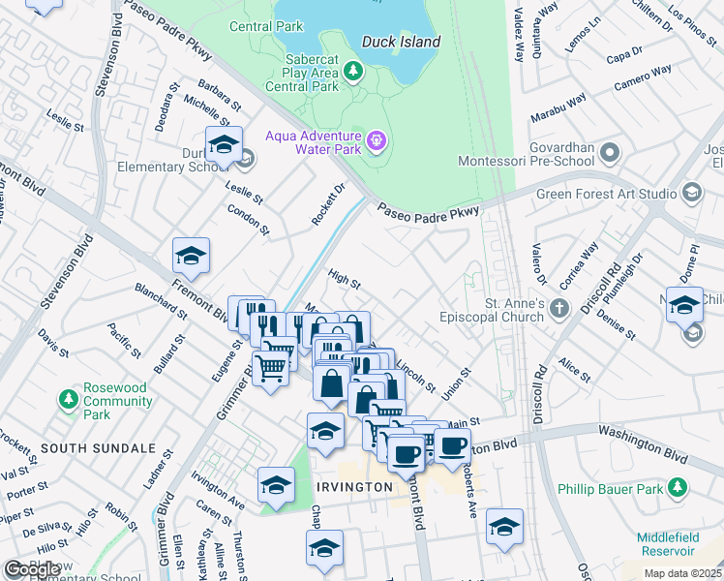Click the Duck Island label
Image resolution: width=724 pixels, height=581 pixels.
pos(401,42)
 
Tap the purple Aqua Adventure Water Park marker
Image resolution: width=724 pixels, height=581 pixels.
pos(377,144)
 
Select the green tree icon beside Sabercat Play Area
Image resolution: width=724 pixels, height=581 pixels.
pos(354,71)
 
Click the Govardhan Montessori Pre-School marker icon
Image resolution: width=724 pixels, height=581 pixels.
pos(610,151)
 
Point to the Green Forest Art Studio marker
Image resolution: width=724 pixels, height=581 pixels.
pos(691,193)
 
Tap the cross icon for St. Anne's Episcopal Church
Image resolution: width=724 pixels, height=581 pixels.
pos(558,309)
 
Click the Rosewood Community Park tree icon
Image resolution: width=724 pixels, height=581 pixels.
pos(68,398)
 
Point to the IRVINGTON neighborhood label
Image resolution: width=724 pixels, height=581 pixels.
pos(352,487)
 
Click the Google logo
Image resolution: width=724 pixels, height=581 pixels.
pos(32,569)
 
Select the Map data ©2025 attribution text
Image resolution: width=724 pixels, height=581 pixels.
pos(682,573)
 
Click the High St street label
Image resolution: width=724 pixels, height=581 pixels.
pos(344,280)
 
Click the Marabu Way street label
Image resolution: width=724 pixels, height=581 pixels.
pos(558,109)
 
